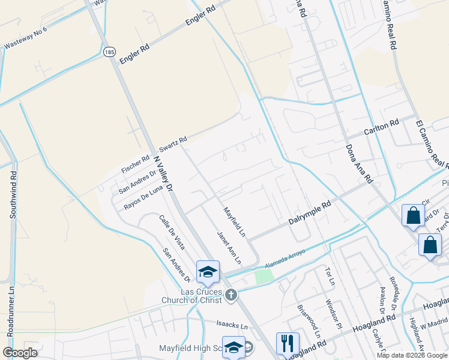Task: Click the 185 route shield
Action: coord(109,52)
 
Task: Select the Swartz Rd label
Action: coord(173,143)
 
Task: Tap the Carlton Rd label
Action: coord(382,127)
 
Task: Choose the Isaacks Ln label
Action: coord(232,326)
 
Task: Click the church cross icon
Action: coord(231,295)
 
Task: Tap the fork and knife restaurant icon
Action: coord(288,343)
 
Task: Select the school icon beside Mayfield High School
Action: coord(234,347)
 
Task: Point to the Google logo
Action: coord(20,353)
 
